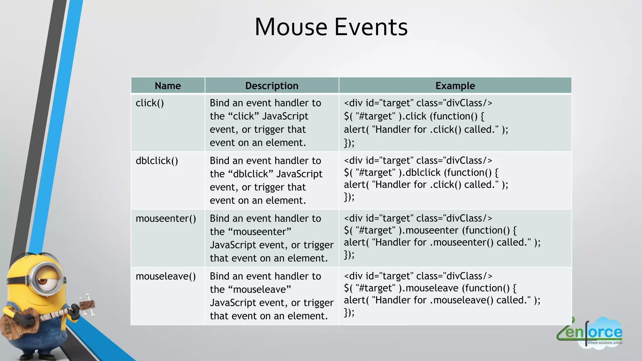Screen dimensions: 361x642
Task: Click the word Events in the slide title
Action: (x=371, y=27)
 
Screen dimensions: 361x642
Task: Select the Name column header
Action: (x=168, y=86)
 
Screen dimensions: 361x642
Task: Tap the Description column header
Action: (x=272, y=86)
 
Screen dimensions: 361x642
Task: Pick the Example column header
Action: (x=455, y=86)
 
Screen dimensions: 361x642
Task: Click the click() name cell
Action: (x=150, y=103)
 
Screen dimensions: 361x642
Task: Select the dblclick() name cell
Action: (x=157, y=161)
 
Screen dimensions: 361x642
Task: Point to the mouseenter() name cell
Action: (x=166, y=218)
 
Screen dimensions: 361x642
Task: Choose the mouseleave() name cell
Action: (x=166, y=276)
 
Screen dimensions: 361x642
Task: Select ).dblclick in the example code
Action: (x=420, y=172)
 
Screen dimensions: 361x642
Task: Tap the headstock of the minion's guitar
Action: (x=88, y=304)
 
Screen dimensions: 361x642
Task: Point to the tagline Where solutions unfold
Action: (x=604, y=343)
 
